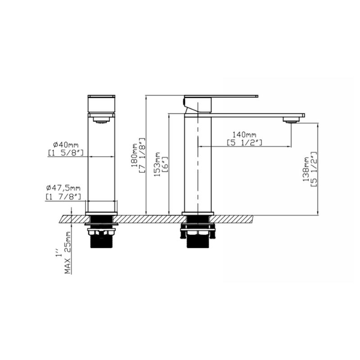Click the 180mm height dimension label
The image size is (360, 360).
coord(135,155)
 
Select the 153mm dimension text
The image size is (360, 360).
coord(157,164)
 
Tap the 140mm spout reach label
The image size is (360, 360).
coord(244,134)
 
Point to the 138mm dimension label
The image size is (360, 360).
coord(306,169)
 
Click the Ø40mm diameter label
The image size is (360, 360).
coord(66,145)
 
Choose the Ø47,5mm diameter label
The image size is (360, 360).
coord(63,188)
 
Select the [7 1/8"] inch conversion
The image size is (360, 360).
coord(142,155)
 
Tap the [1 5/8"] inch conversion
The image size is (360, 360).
coord(66,153)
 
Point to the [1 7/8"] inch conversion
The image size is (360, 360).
coord(63,197)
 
